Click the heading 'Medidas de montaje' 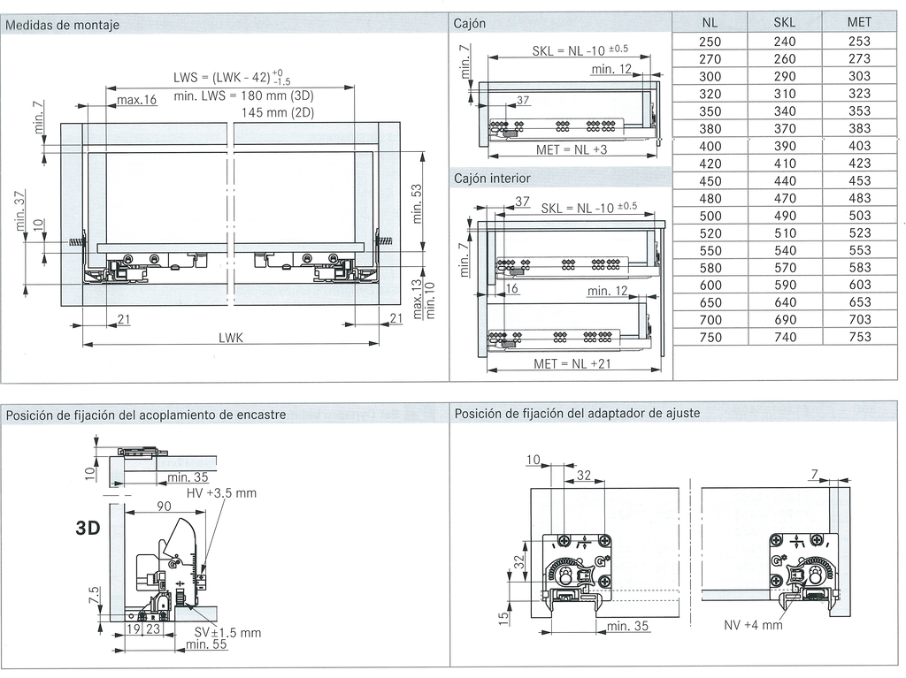click(x=62, y=25)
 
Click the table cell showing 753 click(x=858, y=337)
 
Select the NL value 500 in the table click(x=710, y=216)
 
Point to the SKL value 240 click(x=784, y=42)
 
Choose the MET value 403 click(x=858, y=146)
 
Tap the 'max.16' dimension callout click(x=136, y=100)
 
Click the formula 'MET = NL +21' click(x=572, y=363)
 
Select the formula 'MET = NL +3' click(x=571, y=150)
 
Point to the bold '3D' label click(x=88, y=529)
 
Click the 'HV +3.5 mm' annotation click(x=221, y=493)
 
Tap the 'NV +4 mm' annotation click(x=753, y=625)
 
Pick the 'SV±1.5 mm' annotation click(x=227, y=633)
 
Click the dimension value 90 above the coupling click(x=165, y=507)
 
